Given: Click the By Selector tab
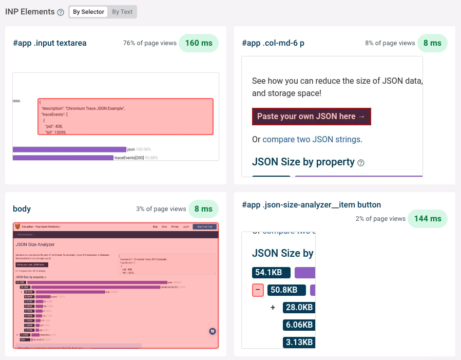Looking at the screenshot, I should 88,12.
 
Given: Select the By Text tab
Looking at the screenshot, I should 122,12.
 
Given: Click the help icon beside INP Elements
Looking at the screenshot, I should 61,12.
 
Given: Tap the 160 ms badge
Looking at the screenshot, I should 199,43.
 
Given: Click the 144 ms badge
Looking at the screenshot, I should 428,218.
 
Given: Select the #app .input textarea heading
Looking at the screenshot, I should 50,43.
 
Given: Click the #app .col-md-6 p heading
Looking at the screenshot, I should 273,43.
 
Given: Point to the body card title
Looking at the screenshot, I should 22,209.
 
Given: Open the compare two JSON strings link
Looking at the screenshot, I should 312,139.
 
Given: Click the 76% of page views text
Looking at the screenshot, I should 150,44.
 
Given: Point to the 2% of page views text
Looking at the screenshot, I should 380,219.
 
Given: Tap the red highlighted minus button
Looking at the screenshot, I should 258,290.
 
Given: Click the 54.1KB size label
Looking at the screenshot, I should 271,273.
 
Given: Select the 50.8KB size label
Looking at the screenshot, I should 284,290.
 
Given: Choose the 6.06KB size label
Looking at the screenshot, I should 299,325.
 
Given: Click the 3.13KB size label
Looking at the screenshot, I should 299,343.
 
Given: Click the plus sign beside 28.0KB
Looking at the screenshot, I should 273,308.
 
